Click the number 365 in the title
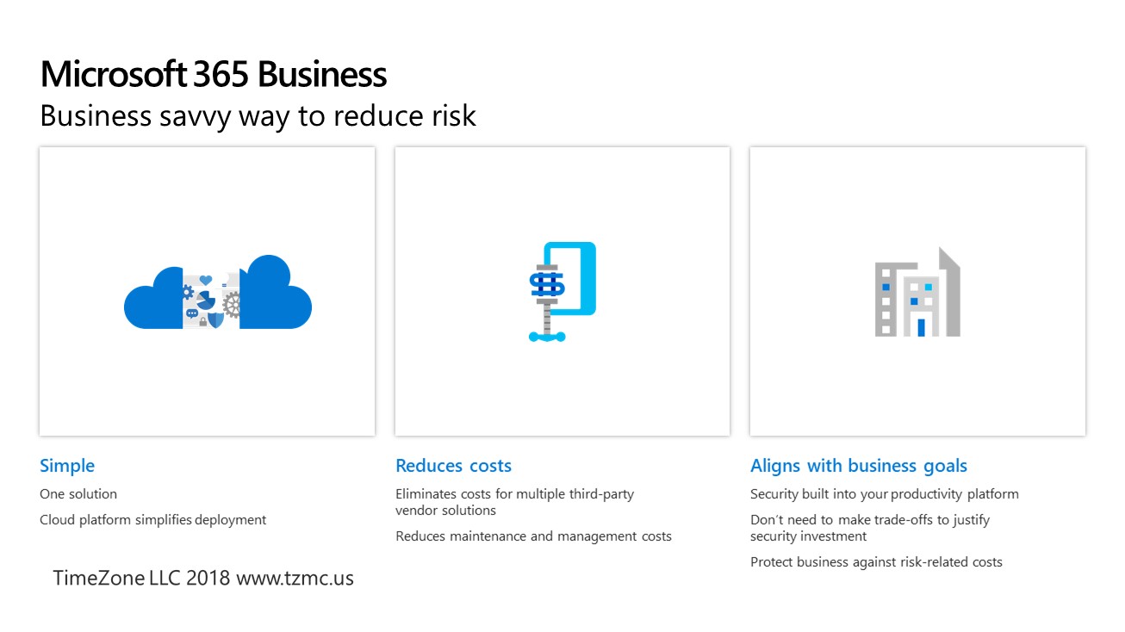coord(221,74)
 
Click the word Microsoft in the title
coord(114,74)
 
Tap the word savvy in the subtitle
coord(195,117)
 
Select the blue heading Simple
coord(67,467)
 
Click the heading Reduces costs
coord(453,466)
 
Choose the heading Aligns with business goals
coord(859,467)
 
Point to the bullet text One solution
coord(78,494)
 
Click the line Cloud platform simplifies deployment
coord(153,520)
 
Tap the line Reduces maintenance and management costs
coord(533,536)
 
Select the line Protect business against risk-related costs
coord(876,562)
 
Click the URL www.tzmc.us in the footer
coord(295,579)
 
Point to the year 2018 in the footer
coord(208,579)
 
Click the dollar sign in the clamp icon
coord(548,285)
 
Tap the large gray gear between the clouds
coord(232,306)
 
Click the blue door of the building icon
coord(921,328)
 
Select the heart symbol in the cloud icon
coord(206,280)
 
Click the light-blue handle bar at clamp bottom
coord(547,337)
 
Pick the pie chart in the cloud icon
coord(205,301)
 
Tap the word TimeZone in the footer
coord(98,579)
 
